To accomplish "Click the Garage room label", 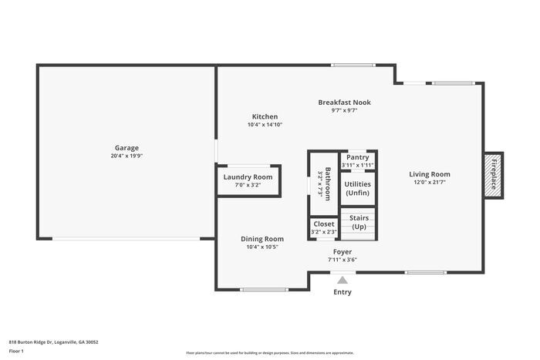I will [127, 147].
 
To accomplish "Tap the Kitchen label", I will [265, 116].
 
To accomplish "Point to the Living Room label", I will [430, 174].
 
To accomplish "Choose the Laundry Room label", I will [248, 177].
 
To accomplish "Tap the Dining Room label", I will [262, 239].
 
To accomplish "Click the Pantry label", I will [358, 157].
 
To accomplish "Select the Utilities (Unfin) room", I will [358, 188].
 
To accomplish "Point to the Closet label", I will [324, 224].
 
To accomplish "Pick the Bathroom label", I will [328, 183].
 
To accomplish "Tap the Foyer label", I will [343, 251].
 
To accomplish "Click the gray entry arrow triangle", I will [343, 280].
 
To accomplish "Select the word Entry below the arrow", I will [343, 292].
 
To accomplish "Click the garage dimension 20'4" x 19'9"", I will [127, 156].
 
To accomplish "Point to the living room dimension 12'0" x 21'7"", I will [430, 183].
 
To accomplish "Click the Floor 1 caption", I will [17, 351].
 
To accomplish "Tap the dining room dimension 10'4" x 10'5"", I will [262, 247].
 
